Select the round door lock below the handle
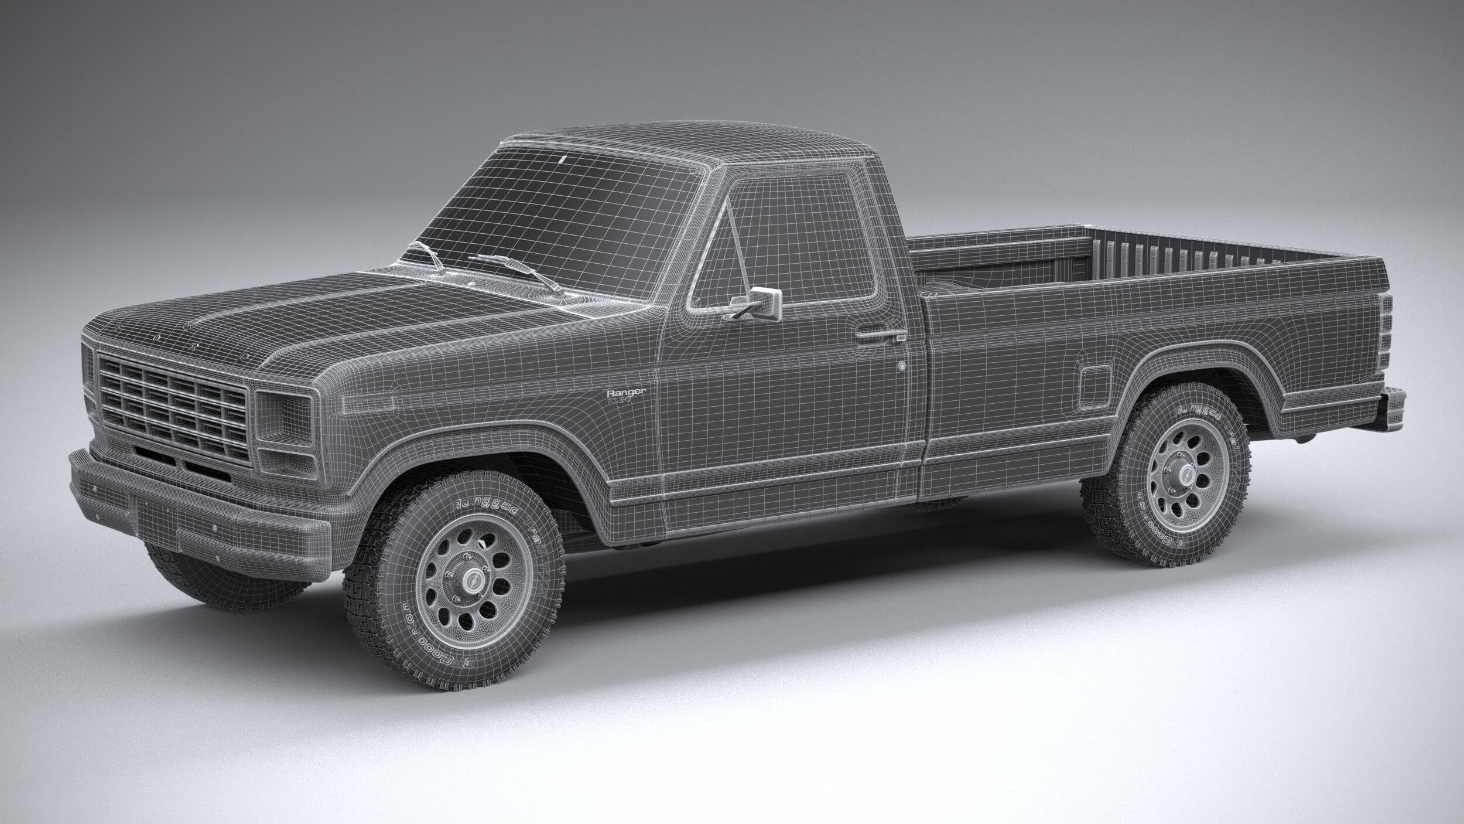coord(902,366)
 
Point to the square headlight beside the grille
coord(283,418)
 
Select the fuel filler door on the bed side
coord(1095,384)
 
